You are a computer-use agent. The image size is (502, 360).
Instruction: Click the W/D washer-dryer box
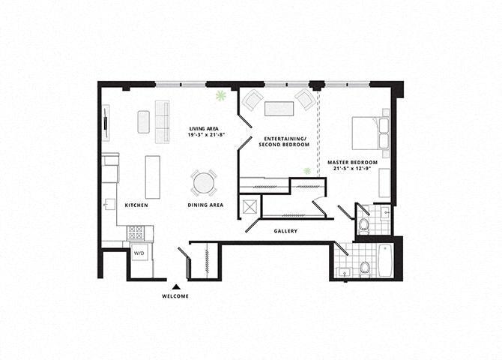(139, 253)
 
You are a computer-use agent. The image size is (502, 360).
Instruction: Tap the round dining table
(204, 183)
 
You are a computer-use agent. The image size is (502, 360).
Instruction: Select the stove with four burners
(135, 232)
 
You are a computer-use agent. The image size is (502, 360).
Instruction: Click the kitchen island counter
(153, 177)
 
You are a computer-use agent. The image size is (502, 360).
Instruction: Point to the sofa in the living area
(162, 121)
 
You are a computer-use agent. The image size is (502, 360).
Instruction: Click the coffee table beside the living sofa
(144, 121)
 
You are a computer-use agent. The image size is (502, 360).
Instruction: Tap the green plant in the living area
(221, 96)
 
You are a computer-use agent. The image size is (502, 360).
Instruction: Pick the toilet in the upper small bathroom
(363, 224)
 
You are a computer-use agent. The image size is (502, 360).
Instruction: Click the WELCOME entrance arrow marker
(176, 286)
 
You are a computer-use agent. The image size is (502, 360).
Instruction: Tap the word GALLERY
(286, 231)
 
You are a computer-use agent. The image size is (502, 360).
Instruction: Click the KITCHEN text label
(136, 205)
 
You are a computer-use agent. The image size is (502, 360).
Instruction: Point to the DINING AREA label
(205, 205)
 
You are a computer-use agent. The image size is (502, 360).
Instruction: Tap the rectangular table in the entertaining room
(279, 108)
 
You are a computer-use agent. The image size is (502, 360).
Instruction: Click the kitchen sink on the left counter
(109, 204)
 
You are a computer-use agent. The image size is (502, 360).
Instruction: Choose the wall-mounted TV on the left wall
(105, 121)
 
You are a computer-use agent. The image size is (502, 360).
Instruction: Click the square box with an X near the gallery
(250, 205)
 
